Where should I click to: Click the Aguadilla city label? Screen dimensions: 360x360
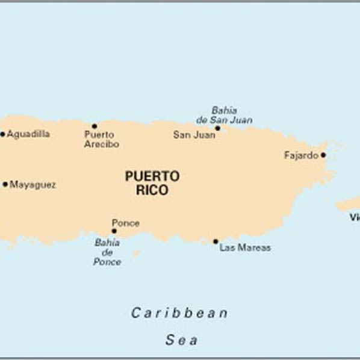tap(28, 134)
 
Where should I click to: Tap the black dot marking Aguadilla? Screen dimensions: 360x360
tap(2, 134)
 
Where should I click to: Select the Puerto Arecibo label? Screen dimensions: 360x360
tap(101, 140)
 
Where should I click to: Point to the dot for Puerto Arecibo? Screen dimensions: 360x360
tap(94, 126)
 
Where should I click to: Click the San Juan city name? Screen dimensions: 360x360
tap(194, 135)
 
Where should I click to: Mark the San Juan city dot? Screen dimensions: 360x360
tap(217, 128)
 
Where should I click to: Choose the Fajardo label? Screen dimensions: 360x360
tap(301, 155)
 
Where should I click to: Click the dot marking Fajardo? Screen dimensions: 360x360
tap(323, 155)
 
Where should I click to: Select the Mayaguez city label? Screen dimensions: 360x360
tap(33, 185)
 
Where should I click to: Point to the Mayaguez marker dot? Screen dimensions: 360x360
tap(5, 184)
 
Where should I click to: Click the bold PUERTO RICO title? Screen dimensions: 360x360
tap(152, 183)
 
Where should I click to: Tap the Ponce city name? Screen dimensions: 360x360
tap(126, 223)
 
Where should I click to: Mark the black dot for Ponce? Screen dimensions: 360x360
tap(114, 231)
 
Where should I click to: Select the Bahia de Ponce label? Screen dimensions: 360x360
tap(107, 252)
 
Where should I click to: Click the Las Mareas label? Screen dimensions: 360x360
tap(245, 247)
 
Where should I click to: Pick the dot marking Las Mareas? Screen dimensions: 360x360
tap(216, 241)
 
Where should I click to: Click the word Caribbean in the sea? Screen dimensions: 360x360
tap(180, 313)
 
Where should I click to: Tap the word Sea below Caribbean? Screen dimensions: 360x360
tap(181, 340)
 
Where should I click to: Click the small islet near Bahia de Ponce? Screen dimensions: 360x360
tap(136, 253)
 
